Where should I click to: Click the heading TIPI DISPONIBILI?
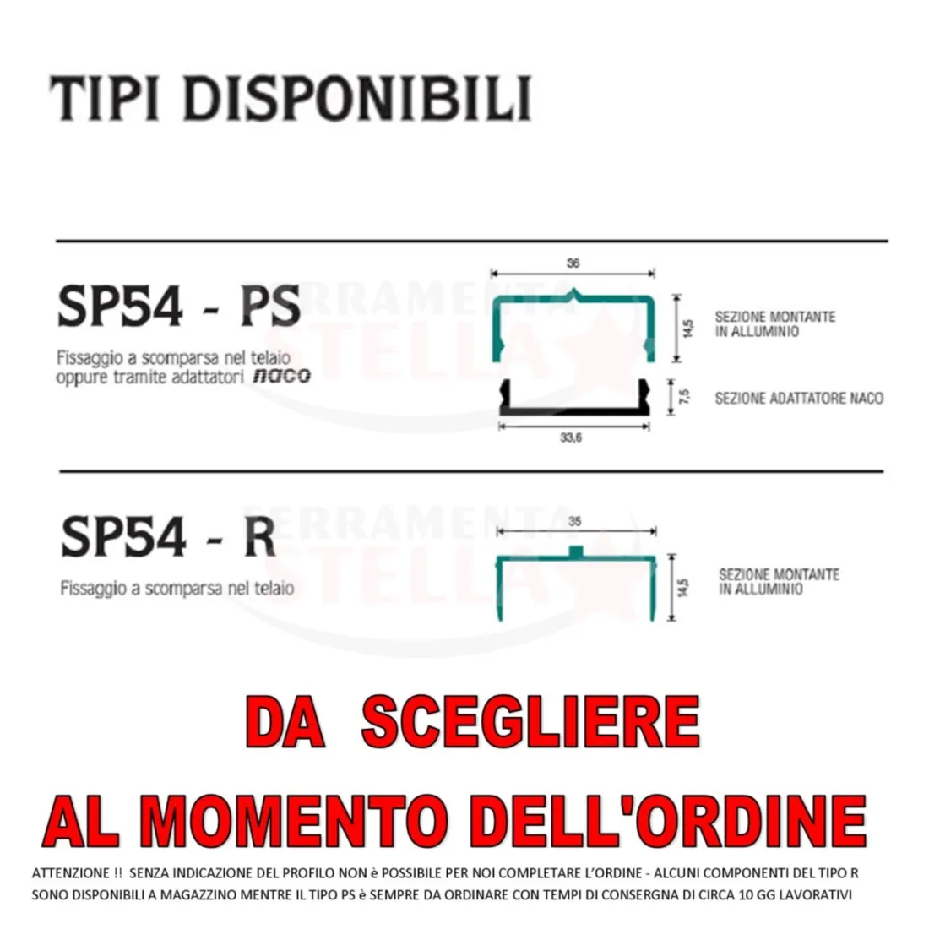(x=290, y=98)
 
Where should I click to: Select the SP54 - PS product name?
(x=179, y=306)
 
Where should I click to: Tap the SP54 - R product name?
(x=168, y=536)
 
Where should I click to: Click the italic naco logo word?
(x=281, y=376)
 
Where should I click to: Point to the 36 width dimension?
(x=573, y=263)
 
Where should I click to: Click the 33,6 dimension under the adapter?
(x=571, y=437)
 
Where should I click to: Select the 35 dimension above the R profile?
(x=574, y=521)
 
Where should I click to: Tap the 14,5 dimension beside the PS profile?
(x=687, y=328)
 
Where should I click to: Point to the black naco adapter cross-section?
(x=574, y=410)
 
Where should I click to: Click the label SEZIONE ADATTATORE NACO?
(x=799, y=398)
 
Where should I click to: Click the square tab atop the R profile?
(x=576, y=551)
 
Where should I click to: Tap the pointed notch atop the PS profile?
(x=573, y=293)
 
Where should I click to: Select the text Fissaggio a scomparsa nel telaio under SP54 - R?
(x=177, y=589)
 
